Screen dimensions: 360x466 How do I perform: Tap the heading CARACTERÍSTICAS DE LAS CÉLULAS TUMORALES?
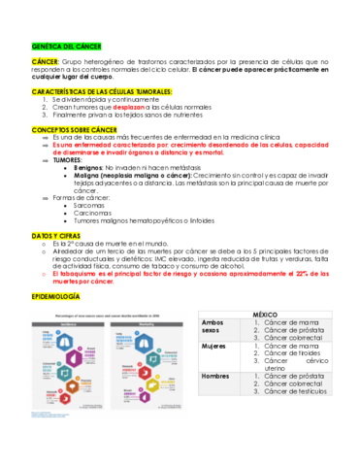click(x=102, y=90)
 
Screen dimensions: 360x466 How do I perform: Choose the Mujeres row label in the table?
click(x=213, y=346)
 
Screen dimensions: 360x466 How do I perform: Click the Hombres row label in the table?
click(x=215, y=375)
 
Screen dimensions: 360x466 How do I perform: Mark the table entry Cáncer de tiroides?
click(x=289, y=353)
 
